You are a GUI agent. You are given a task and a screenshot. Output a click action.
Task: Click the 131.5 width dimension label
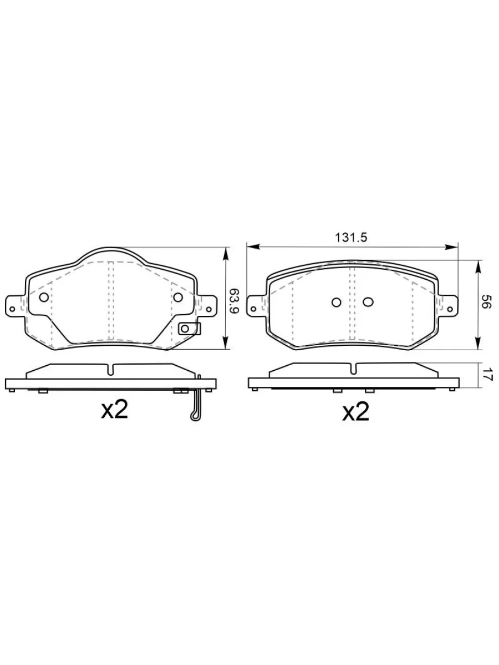[x=350, y=238]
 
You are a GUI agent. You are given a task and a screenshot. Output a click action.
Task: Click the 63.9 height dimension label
[x=234, y=300]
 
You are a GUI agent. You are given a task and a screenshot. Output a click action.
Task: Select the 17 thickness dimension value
[x=486, y=374]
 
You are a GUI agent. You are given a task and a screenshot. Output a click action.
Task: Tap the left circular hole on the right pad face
[x=337, y=302]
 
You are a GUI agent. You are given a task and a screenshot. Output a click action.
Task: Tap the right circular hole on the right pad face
[x=368, y=302]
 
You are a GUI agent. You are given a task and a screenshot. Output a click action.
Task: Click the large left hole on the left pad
[x=44, y=297]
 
